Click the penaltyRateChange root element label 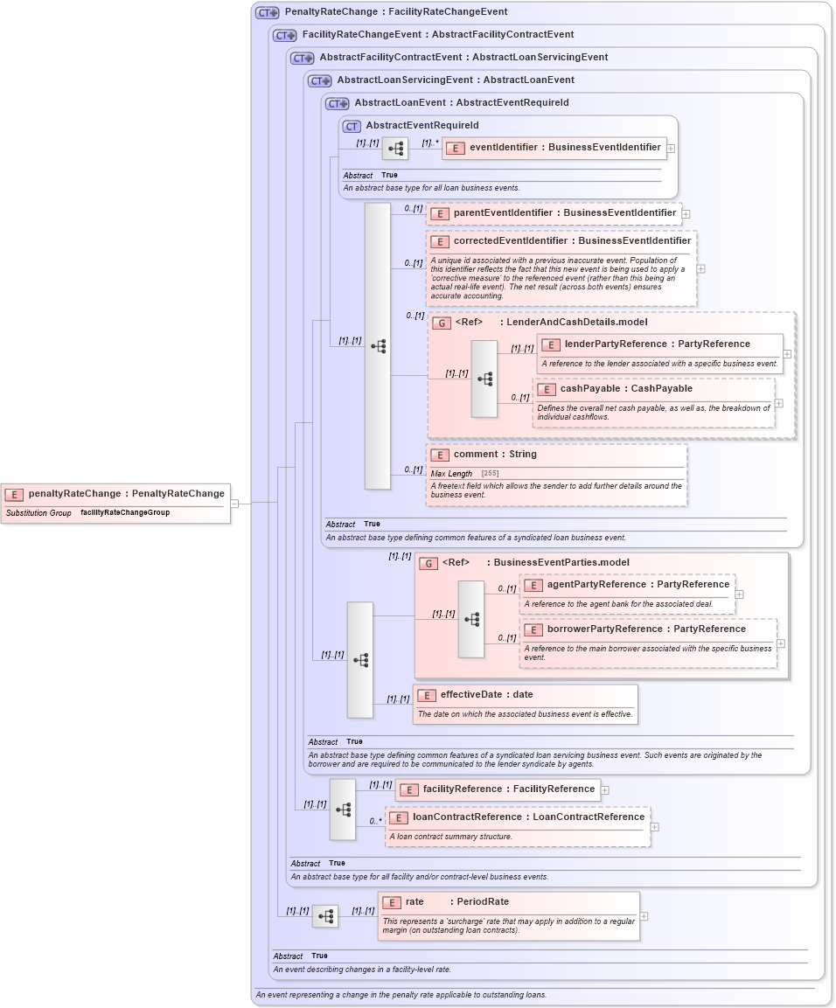coord(126,494)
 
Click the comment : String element coord(495,455)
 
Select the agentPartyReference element coord(637,585)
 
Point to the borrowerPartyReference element coord(646,629)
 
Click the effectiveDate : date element coord(486,695)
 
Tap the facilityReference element coord(508,789)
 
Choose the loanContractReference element coord(528,817)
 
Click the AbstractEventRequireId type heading coord(421,126)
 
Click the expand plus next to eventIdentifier coord(671,149)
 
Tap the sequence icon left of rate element coord(325,916)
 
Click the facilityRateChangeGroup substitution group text coord(125,513)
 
